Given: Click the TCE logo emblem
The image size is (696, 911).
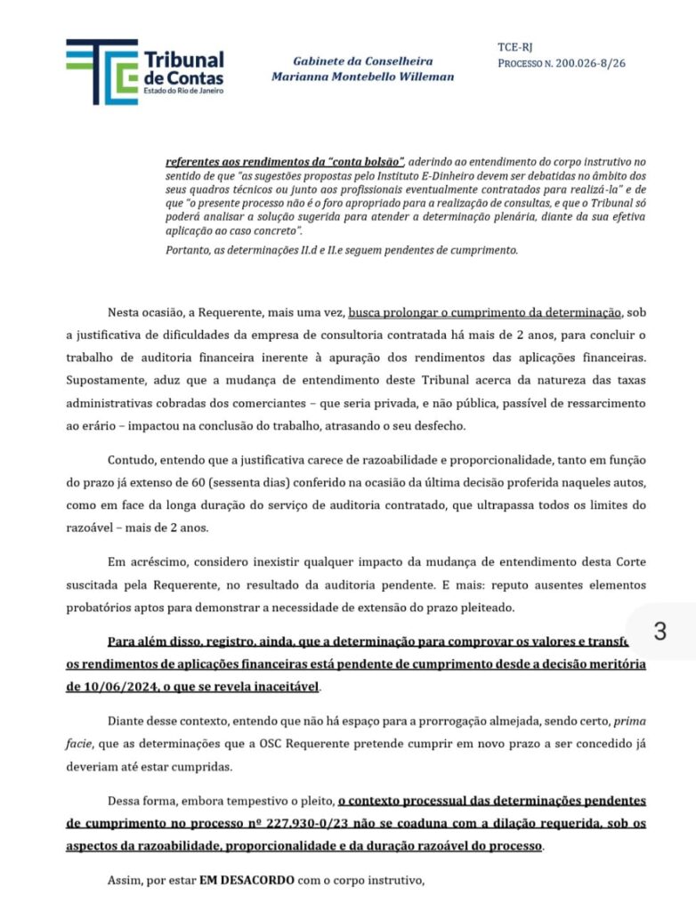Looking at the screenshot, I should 101,70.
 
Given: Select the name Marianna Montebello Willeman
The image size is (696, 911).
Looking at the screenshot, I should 362,77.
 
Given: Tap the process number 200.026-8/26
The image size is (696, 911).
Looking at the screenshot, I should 589,64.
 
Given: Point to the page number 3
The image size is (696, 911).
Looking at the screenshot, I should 660,632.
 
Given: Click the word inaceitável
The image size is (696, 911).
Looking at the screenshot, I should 279,687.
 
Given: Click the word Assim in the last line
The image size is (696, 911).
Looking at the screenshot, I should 123,883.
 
